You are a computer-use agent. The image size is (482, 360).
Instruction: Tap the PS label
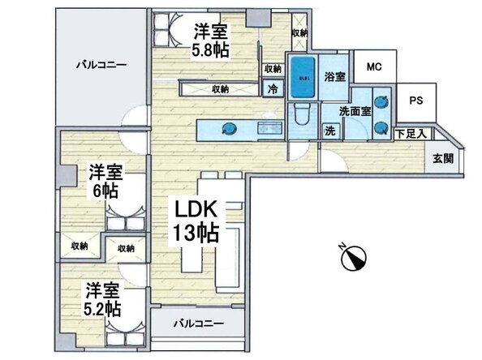(415, 101)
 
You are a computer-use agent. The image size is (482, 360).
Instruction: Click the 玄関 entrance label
(442, 158)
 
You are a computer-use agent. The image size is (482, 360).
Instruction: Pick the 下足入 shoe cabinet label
(411, 134)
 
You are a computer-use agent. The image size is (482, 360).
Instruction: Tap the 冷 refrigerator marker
(273, 88)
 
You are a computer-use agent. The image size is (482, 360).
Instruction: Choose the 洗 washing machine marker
(330, 130)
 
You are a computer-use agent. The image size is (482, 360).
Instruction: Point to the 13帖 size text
(195, 235)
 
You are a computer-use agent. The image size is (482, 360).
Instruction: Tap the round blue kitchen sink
(229, 127)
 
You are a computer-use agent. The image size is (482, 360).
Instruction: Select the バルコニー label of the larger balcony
(101, 63)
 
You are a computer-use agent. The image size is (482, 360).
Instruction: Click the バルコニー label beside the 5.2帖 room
(198, 324)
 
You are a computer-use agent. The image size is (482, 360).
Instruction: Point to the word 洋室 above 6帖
(106, 172)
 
